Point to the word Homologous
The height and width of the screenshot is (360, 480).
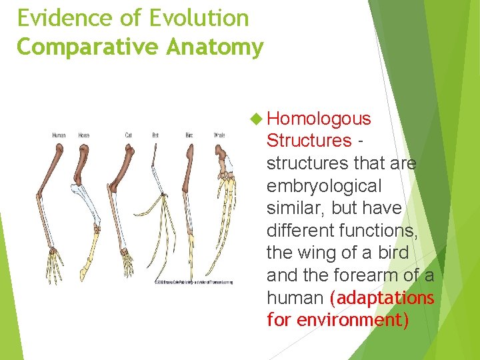319,119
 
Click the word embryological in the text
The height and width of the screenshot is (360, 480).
324,185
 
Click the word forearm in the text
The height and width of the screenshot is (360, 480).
385,275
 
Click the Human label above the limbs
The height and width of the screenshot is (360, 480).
59,135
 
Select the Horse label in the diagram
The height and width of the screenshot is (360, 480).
84,135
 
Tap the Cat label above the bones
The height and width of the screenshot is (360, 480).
128,135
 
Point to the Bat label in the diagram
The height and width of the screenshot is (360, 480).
155,135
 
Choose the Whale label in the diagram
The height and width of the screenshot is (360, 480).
219,135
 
